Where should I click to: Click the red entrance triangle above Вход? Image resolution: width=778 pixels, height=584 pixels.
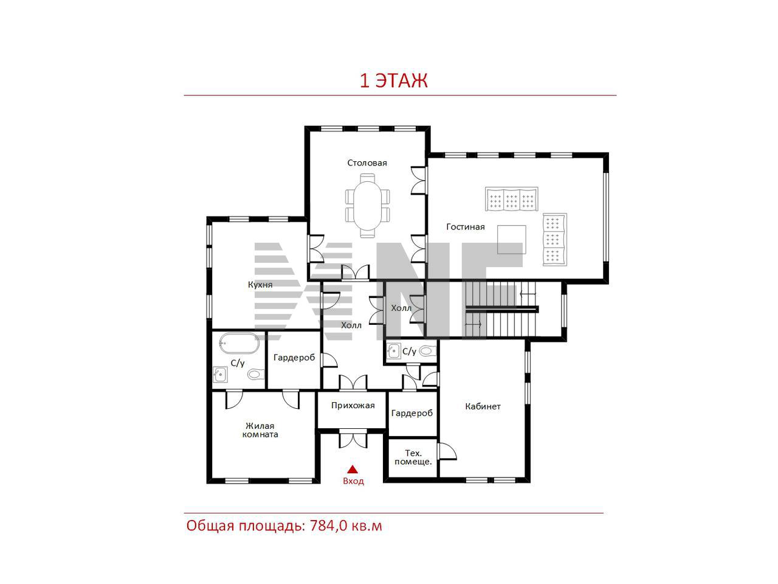(x=352, y=469)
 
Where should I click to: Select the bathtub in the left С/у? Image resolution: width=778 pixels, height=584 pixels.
(x=239, y=343)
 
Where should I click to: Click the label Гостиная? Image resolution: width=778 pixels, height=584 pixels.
(x=465, y=226)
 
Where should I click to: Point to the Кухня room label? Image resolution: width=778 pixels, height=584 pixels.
(x=260, y=284)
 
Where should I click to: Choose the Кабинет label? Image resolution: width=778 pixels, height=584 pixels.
(x=483, y=406)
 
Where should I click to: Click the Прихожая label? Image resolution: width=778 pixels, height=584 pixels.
(x=353, y=405)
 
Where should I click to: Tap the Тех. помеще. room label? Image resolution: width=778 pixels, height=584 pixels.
(x=413, y=457)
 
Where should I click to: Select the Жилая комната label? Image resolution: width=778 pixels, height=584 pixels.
(x=260, y=429)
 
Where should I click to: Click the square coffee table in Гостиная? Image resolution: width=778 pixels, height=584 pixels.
(x=511, y=239)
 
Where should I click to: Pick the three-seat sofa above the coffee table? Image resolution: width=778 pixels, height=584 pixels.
(x=511, y=199)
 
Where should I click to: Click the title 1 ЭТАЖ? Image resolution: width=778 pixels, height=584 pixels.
(x=393, y=81)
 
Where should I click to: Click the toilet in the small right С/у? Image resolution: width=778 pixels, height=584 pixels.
(x=427, y=351)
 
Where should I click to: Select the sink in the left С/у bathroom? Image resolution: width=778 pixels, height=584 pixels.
(x=220, y=374)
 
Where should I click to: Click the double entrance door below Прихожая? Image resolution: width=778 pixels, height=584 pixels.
(x=353, y=439)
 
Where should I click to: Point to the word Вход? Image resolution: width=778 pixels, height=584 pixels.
(x=353, y=481)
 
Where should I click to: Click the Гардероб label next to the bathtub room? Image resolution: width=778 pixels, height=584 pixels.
(x=294, y=358)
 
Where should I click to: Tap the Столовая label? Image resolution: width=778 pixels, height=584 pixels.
(x=367, y=163)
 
